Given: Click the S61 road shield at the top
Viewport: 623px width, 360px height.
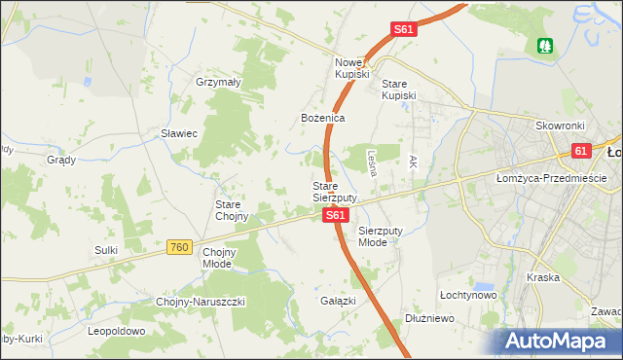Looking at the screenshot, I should [405, 30].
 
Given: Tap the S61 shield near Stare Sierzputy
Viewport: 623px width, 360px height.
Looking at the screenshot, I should [334, 215].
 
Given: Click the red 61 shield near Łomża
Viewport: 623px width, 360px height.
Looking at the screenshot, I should [581, 152].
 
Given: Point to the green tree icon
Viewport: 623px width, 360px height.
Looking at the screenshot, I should [544, 45].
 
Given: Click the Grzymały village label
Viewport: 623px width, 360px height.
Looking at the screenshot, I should [218, 83].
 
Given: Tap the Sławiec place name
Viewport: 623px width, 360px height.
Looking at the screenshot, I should [180, 133].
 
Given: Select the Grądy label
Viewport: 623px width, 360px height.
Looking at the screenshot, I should [61, 160].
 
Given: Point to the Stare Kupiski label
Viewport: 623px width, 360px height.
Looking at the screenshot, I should [399, 90].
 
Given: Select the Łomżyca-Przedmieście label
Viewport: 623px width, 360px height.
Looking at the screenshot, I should [551, 178].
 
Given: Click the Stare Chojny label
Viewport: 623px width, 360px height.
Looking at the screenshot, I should [234, 210].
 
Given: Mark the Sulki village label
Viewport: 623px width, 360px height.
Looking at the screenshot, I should [106, 250].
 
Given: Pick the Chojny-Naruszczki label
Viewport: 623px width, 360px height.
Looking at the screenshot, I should [201, 302].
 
